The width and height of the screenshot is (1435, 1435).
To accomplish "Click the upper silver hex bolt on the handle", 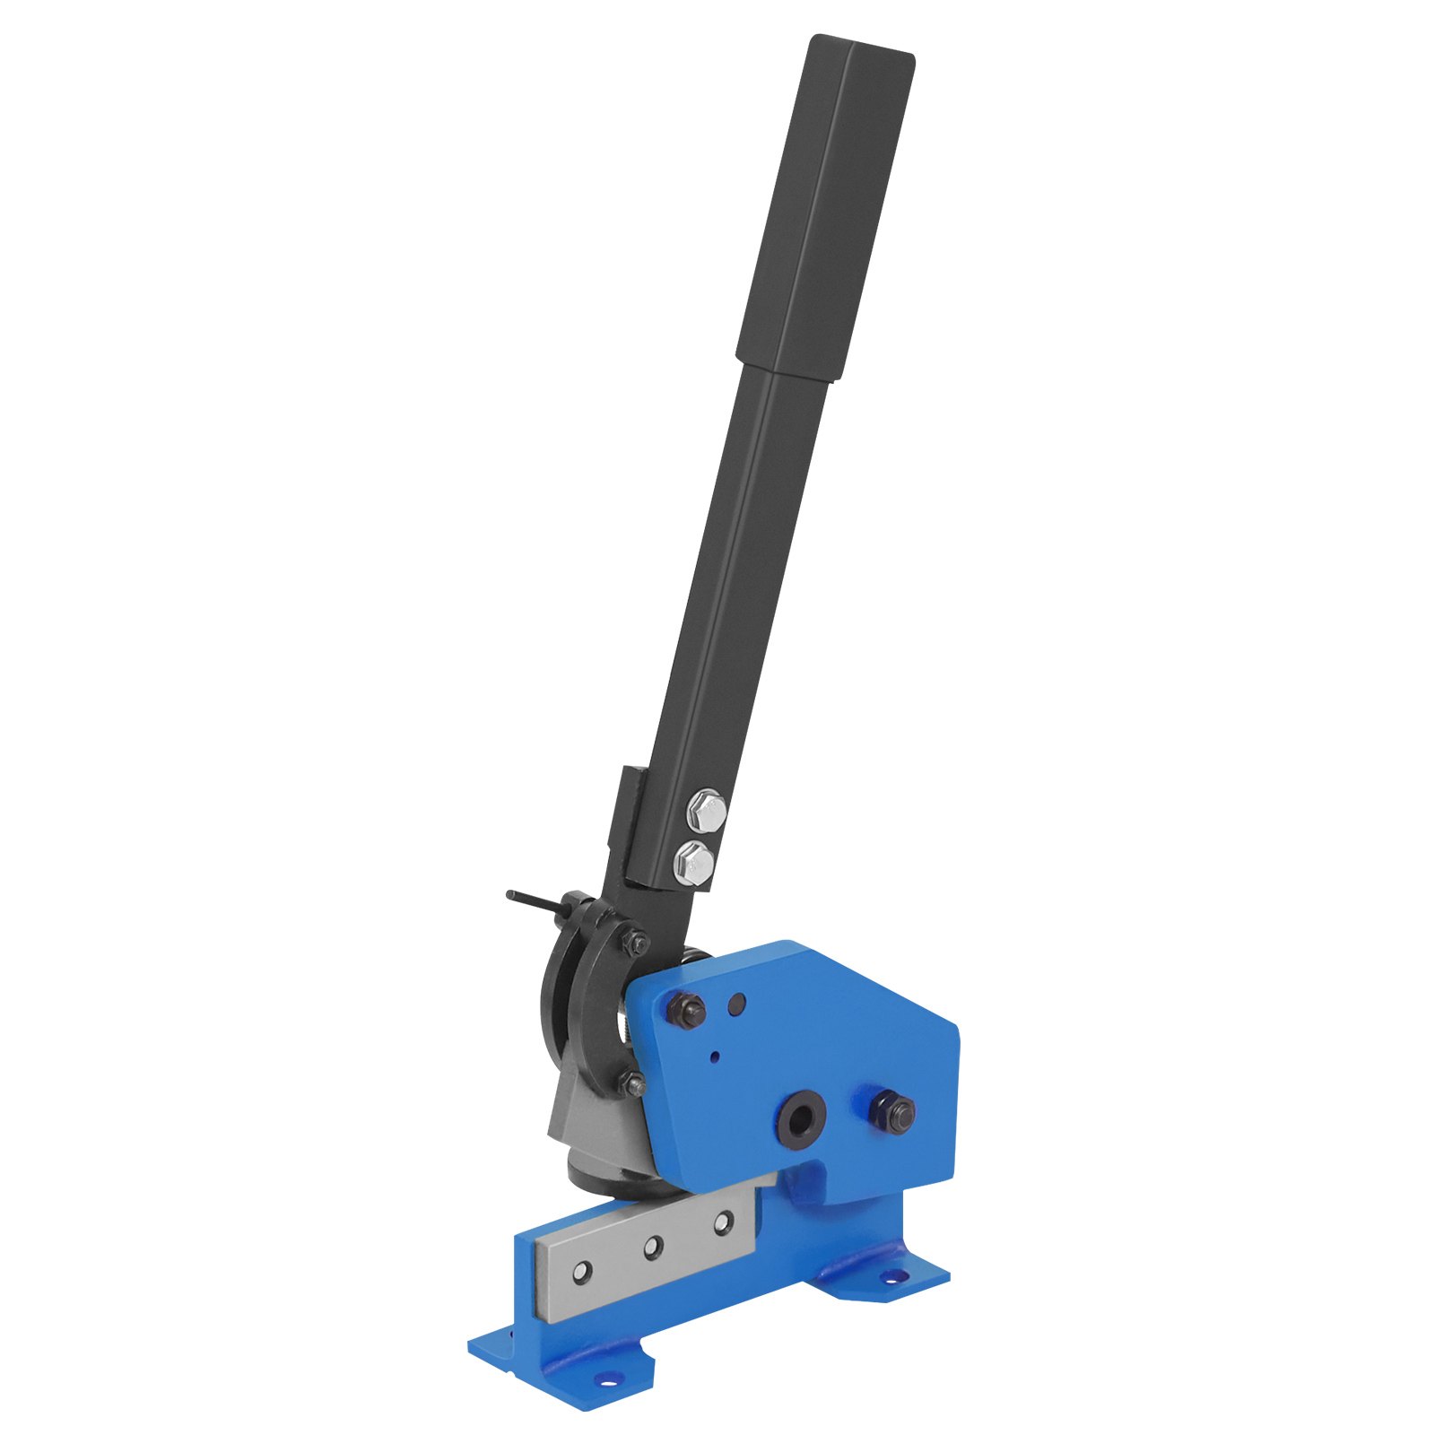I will (705, 813).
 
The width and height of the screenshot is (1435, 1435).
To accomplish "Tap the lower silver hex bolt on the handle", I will (695, 863).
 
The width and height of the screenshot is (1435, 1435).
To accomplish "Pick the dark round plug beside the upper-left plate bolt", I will (737, 1004).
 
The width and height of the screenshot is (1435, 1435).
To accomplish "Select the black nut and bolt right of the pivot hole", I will (891, 1114).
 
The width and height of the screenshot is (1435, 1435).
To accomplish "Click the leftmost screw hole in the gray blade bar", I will (584, 1271).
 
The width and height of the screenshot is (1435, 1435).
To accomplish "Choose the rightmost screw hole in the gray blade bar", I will (722, 1221).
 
